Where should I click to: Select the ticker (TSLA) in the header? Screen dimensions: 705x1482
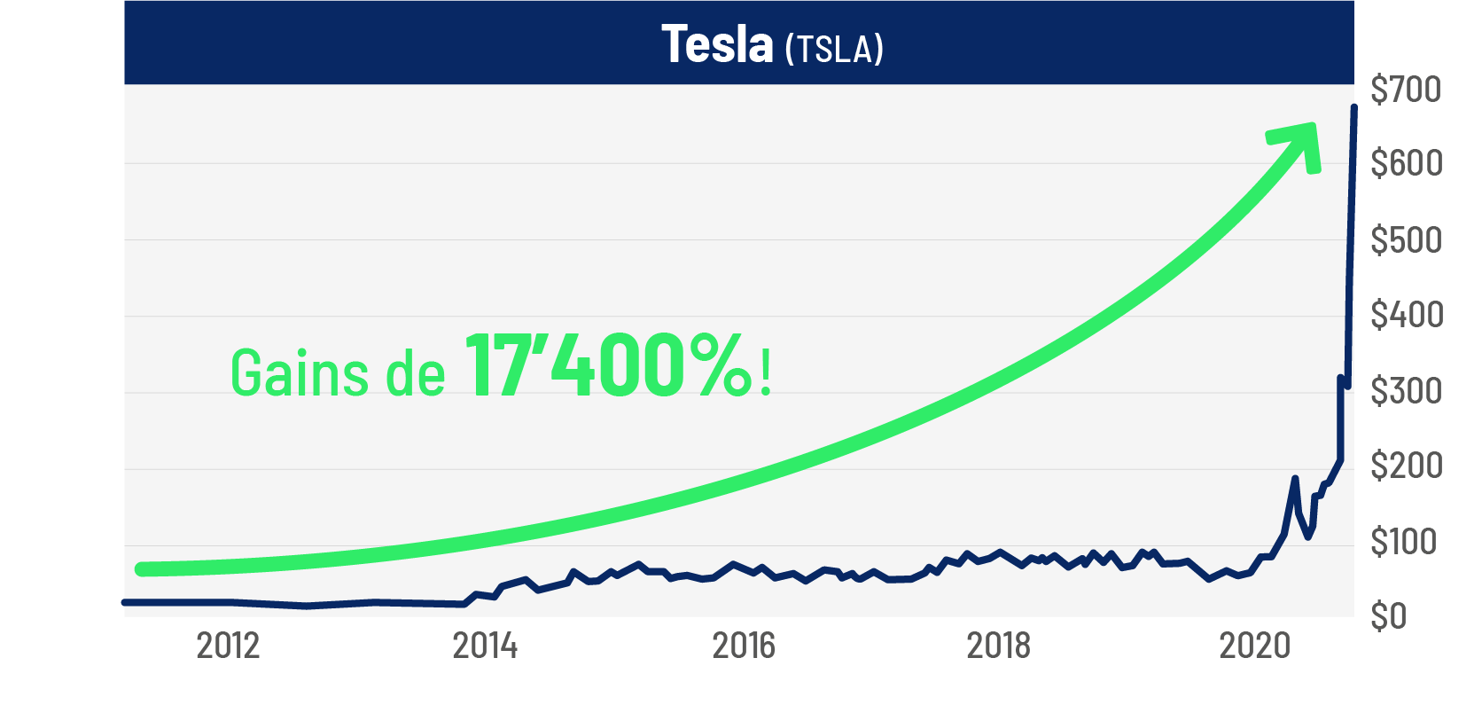[834, 50]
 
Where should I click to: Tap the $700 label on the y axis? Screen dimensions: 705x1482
[1406, 90]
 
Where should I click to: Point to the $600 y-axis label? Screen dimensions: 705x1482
[1406, 163]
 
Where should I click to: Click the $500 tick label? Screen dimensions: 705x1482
[1406, 240]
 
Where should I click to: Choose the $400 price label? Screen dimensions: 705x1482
[1406, 315]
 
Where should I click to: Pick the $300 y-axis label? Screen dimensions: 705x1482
[1406, 391]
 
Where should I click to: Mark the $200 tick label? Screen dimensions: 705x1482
[1406, 466]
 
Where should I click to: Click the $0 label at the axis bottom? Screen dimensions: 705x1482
[1388, 615]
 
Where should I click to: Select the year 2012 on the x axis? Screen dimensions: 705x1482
[228, 646]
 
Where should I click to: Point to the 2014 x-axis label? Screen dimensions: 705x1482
[485, 646]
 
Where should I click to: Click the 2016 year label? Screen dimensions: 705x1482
[744, 646]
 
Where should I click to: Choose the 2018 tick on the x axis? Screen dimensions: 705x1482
[999, 646]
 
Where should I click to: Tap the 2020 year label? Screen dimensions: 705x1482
[1255, 646]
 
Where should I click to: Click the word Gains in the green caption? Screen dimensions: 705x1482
[300, 372]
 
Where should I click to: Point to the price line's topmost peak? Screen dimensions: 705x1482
[1353, 107]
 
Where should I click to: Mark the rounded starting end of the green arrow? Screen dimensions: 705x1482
[142, 569]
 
